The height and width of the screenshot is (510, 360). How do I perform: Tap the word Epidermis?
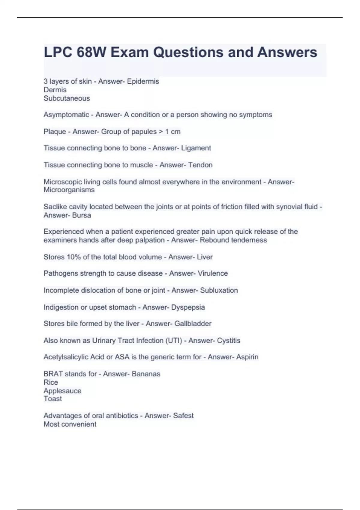[x=143, y=81]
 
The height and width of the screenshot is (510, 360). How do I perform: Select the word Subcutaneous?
[x=67, y=98]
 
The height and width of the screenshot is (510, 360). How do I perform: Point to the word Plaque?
[x=55, y=131]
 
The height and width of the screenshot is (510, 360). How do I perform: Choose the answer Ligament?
[x=196, y=148]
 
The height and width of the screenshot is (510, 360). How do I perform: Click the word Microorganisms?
[x=69, y=190]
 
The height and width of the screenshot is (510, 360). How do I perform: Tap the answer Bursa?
[x=82, y=215]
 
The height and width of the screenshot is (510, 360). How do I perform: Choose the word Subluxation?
[x=219, y=290]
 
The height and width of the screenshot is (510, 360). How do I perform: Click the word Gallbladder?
[x=193, y=324]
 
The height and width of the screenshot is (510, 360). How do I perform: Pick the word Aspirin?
[x=247, y=357]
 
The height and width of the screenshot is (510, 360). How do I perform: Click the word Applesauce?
[x=62, y=391]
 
